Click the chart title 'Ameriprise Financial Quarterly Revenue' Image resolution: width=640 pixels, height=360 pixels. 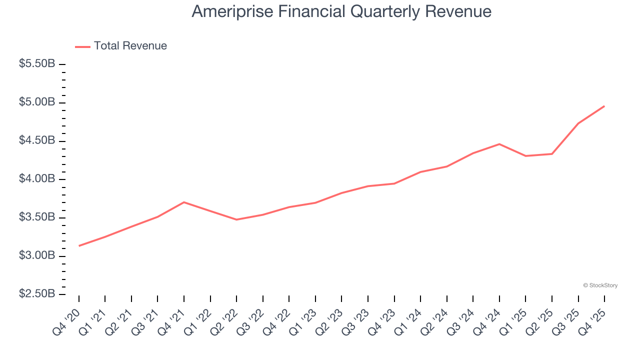[x=341, y=12]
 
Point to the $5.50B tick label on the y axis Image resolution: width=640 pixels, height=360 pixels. [x=37, y=64]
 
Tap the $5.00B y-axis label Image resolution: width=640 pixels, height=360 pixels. [x=37, y=102]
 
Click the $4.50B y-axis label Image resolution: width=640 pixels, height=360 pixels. [x=37, y=141]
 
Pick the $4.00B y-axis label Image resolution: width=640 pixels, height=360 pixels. [x=37, y=179]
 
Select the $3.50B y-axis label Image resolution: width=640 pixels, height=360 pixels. [x=37, y=217]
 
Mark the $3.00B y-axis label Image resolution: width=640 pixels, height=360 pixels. [x=37, y=255]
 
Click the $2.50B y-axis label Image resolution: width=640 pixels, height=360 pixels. [x=37, y=294]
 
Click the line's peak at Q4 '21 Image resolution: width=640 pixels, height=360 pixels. [x=184, y=202]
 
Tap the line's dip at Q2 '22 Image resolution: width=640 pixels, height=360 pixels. [x=236, y=219]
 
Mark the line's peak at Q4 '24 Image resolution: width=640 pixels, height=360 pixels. [x=499, y=144]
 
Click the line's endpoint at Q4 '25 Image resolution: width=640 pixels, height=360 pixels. [x=604, y=106]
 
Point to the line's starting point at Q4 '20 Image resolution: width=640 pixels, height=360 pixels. [x=79, y=245]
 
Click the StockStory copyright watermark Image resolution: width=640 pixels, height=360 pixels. [x=600, y=285]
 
